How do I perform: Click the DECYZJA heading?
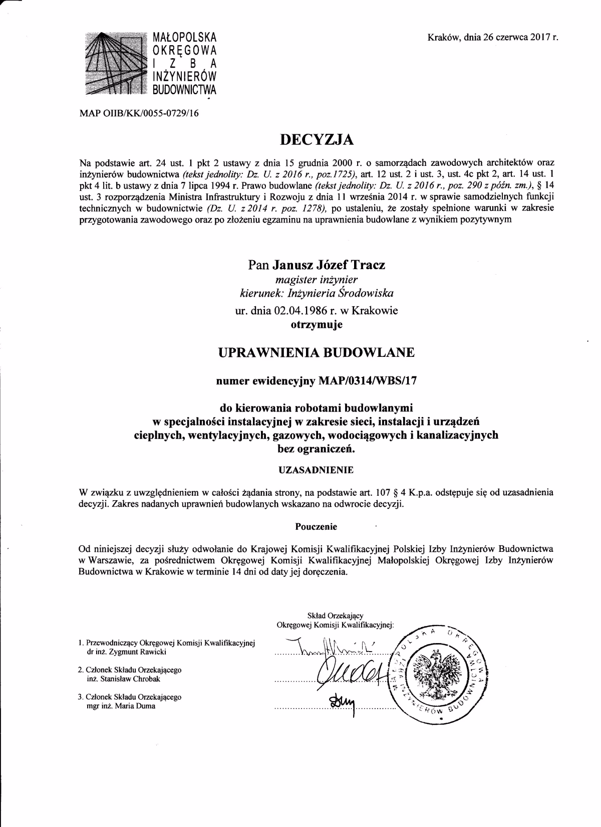(316, 140)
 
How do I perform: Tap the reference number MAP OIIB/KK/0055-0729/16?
(139, 113)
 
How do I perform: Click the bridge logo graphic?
(114, 64)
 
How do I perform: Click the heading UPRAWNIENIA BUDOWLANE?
(317, 352)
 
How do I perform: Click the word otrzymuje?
(317, 325)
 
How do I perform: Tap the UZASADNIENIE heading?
(316, 470)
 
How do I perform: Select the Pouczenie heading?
(316, 526)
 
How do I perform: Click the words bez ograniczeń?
(316, 449)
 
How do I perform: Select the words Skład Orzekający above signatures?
(335, 615)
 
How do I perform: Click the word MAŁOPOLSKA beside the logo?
(184, 37)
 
